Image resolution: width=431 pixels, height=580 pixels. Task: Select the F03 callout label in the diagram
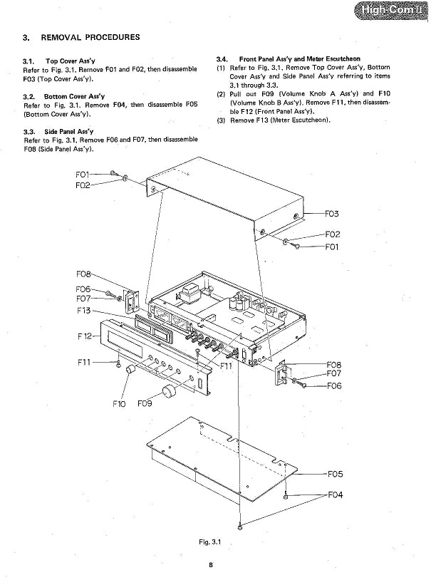332,214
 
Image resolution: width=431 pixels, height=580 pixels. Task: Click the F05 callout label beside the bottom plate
335,473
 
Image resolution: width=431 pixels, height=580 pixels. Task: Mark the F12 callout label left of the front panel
84,335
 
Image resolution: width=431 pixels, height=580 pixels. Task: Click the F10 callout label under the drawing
120,404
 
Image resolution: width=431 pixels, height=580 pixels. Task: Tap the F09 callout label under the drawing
145,404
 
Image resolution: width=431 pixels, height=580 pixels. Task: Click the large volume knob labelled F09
170,390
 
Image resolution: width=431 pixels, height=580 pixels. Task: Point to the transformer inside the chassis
191,292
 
